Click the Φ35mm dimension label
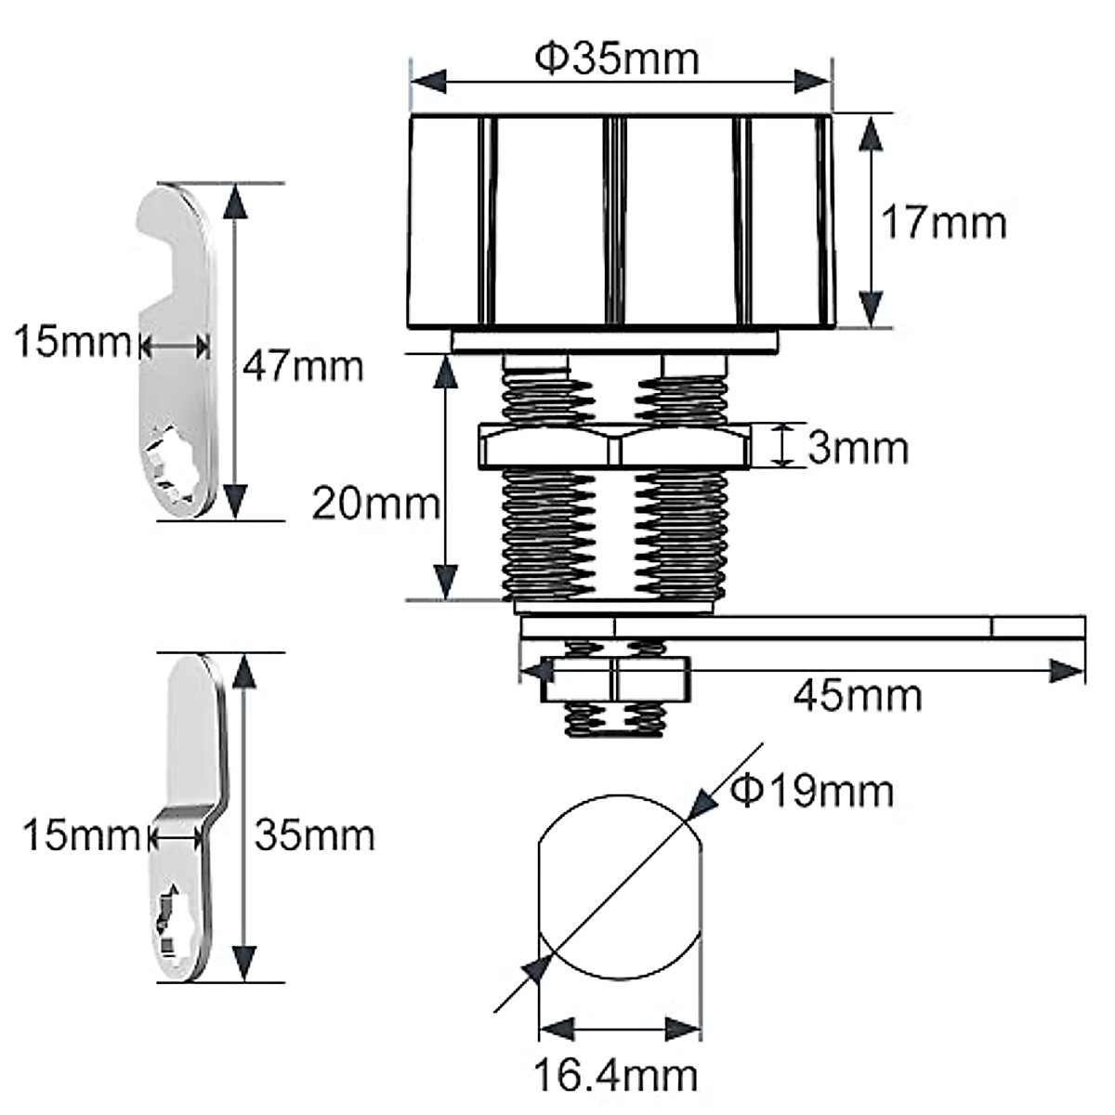617,59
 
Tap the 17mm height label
944,223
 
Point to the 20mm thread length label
376,504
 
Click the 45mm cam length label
858,696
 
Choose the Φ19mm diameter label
812,791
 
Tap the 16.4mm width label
616,1075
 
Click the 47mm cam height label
303,366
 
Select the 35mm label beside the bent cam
315,835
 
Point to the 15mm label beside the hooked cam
73,341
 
